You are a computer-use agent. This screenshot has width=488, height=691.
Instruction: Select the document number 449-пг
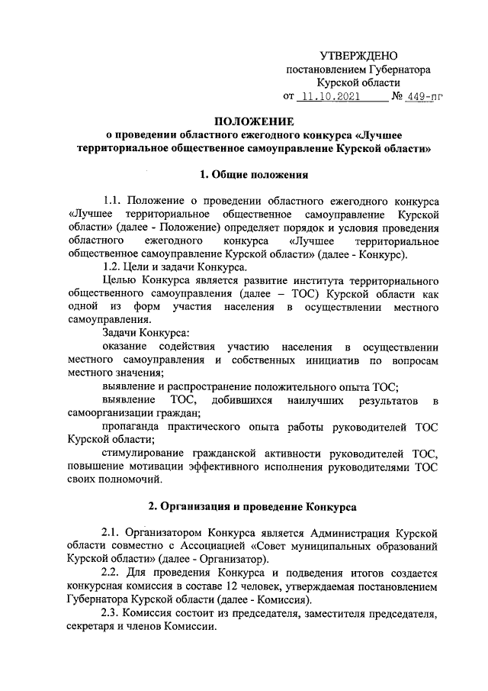pyautogui.click(x=425, y=98)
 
